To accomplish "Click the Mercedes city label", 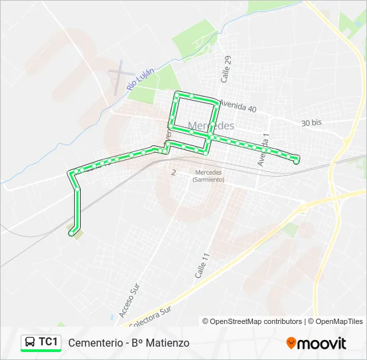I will [x=212, y=125].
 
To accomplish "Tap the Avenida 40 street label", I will [x=238, y=107].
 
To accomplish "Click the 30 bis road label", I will [x=311, y=123].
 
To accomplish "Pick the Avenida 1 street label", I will [x=264, y=150].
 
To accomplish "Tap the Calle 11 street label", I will [x=203, y=265].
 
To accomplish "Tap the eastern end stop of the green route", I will [x=296, y=161].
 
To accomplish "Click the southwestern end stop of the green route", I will [x=71, y=233].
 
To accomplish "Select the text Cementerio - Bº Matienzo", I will [x=129, y=343].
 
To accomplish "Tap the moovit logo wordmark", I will [x=322, y=343].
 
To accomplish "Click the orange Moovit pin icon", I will [x=291, y=343].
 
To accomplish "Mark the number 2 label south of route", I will [x=173, y=172].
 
